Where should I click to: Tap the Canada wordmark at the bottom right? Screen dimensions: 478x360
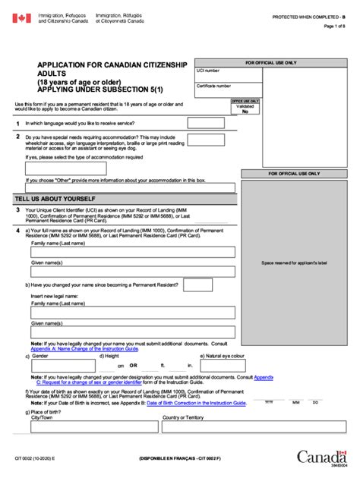coord(322,457)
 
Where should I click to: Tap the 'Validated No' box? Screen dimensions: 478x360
coord(245,108)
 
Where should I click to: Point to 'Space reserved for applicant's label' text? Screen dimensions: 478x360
coord(294,263)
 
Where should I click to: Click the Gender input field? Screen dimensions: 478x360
coord(62,366)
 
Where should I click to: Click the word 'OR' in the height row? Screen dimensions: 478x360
coord(133,365)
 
